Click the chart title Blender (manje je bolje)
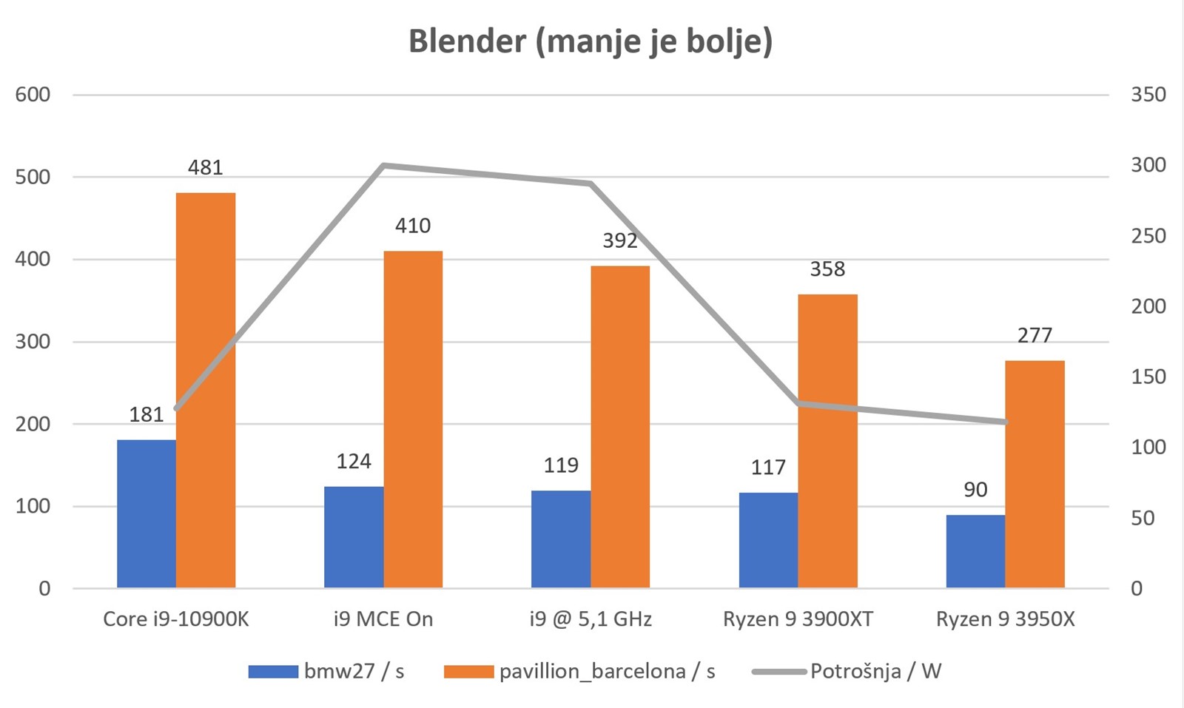point(591,41)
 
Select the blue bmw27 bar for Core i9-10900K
point(147,514)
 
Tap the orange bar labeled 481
point(206,391)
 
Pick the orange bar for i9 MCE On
point(413,419)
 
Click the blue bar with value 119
point(561,539)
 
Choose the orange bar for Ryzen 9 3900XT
point(827,441)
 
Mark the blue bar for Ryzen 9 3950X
point(975,551)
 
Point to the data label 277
point(1035,336)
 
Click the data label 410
point(413,226)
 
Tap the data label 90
point(975,490)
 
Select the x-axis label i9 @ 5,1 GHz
point(591,619)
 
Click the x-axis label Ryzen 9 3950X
point(1005,619)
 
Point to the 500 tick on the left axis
point(33,178)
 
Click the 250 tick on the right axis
point(1148,236)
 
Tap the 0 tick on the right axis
point(1137,589)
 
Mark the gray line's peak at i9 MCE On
point(384,165)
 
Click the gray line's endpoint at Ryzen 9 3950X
point(1005,422)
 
